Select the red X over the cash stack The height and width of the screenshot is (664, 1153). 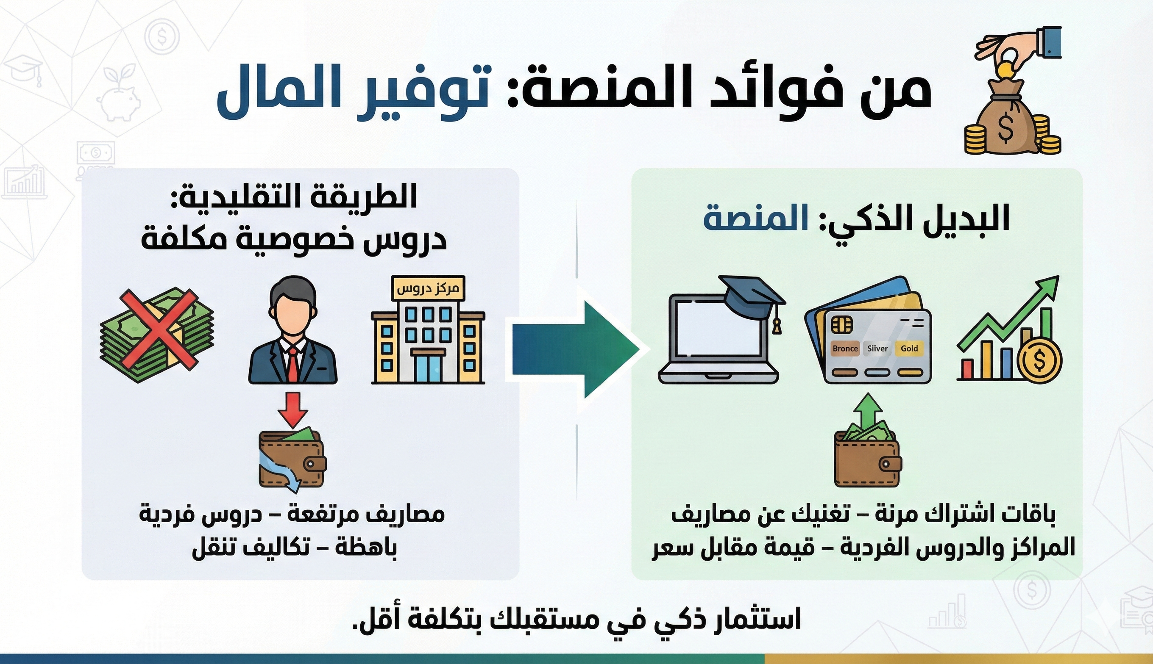pos(159,329)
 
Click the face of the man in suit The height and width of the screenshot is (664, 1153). pos(292,315)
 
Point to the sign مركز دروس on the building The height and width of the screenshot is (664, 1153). pos(428,289)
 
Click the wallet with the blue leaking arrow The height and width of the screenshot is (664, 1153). pos(292,461)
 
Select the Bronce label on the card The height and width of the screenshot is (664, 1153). pos(845,349)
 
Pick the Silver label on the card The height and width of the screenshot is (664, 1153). pos(877,349)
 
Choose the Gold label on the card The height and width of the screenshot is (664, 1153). pos(909,349)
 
